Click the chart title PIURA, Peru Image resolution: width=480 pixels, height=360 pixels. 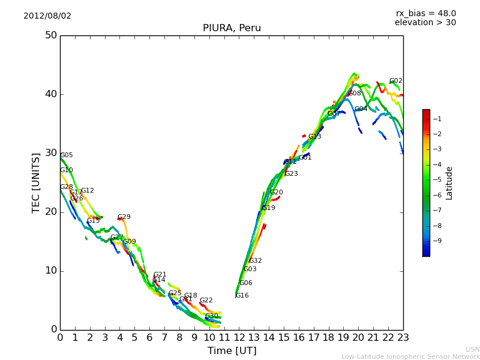(x=232, y=28)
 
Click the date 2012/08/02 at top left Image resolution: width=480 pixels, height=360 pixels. (x=47, y=16)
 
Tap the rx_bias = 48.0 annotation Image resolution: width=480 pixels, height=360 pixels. (x=425, y=13)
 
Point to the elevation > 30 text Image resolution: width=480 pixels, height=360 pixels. (x=425, y=23)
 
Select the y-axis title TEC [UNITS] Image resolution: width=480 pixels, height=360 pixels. (x=36, y=182)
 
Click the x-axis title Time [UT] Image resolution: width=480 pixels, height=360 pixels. (x=232, y=351)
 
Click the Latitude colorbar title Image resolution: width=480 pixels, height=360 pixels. (x=449, y=183)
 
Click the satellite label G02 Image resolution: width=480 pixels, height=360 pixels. (x=395, y=81)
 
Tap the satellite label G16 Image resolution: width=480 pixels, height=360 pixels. (x=242, y=296)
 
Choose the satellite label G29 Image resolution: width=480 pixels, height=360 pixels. (x=124, y=217)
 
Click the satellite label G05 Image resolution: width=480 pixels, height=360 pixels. (x=66, y=155)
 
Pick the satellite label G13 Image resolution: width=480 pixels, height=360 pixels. (x=314, y=137)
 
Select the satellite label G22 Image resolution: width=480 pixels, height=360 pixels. (x=206, y=301)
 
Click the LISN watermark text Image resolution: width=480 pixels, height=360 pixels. (x=472, y=349)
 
